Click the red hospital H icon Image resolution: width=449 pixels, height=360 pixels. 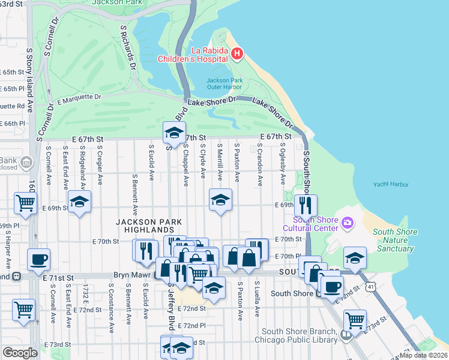pyautogui.click(x=237, y=55)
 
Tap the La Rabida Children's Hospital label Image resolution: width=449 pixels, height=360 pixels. pyautogui.click(x=193, y=54)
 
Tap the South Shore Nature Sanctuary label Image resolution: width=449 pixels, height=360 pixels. pyautogui.click(x=393, y=240)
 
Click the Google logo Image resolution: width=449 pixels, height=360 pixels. pyautogui.click(x=20, y=352)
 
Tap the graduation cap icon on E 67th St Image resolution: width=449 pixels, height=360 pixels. pyautogui.click(x=173, y=133)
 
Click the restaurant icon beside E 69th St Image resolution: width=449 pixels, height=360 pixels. pyautogui.click(x=306, y=205)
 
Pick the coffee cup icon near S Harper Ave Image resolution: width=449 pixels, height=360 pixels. pyautogui.click(x=38, y=259)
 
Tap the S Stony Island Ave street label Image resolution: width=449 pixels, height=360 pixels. pyautogui.click(x=29, y=71)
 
